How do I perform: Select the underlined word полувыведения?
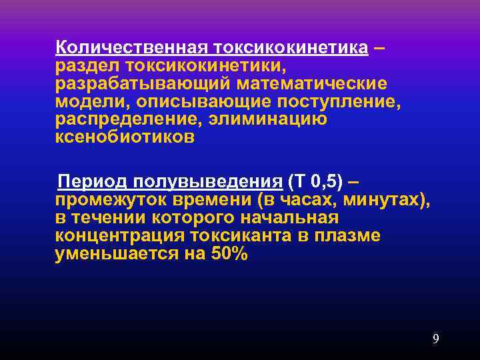point(207,182)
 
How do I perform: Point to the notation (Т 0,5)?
point(316,182)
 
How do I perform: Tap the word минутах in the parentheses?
point(387,200)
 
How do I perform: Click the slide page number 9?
point(435,339)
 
